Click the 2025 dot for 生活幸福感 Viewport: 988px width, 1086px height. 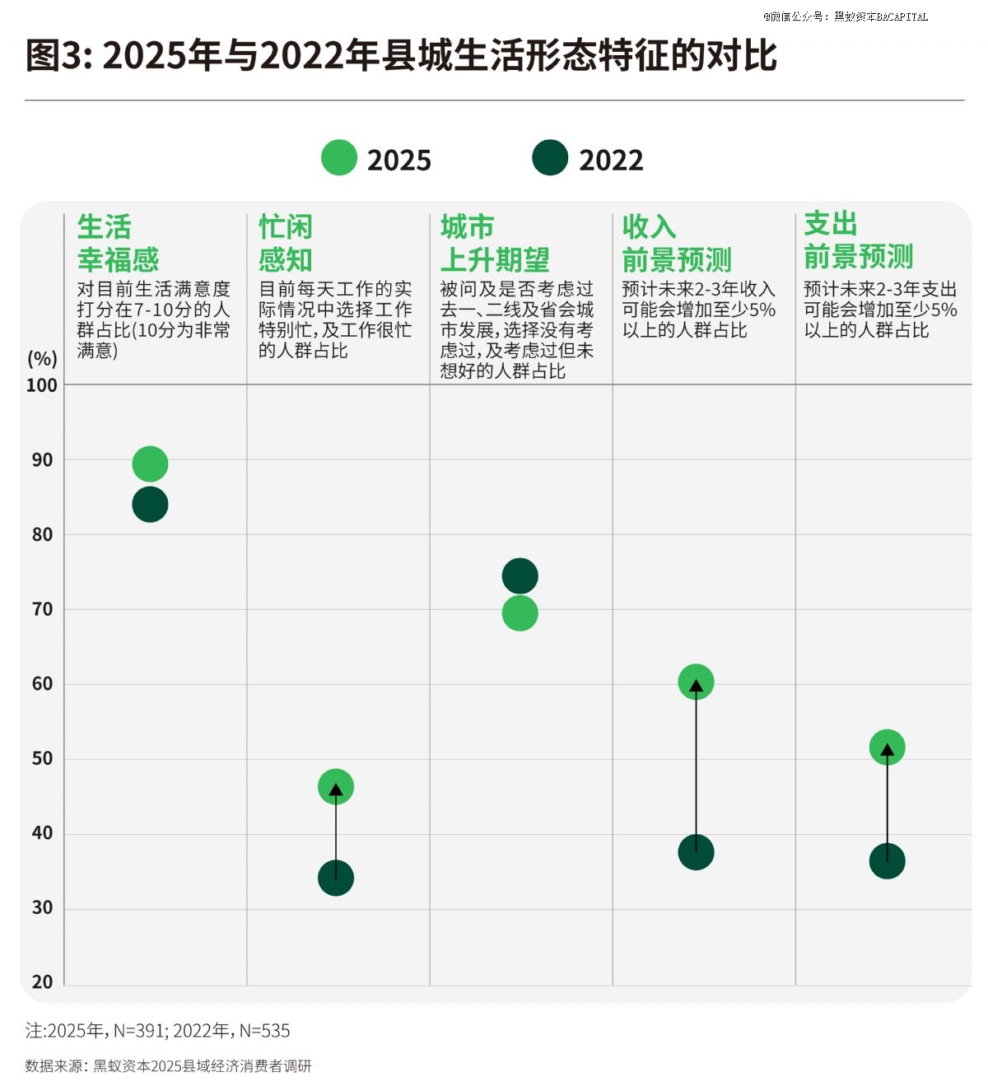(150, 464)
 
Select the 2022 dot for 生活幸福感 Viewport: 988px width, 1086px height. (150, 505)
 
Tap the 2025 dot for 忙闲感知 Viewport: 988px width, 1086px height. (336, 787)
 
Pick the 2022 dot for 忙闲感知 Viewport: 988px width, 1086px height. (336, 879)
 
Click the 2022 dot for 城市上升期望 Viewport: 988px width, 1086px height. (520, 576)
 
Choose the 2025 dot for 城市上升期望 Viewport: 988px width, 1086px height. (520, 613)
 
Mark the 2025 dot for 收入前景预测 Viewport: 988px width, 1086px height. (696, 682)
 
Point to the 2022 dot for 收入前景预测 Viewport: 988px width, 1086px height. (696, 852)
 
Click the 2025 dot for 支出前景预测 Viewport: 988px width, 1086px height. (887, 748)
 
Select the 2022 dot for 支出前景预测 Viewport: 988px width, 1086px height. (887, 861)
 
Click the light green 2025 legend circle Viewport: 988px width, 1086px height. (339, 158)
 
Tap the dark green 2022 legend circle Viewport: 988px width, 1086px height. (550, 158)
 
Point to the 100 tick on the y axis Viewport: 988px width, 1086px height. (42, 385)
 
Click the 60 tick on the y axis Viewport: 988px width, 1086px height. (42, 684)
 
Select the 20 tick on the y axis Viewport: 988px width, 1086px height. (42, 982)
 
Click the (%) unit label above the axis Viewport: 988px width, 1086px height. (42, 359)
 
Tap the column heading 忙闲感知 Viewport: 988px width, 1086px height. (286, 243)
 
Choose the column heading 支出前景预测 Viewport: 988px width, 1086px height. (858, 240)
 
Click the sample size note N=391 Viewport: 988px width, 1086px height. (140, 1031)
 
